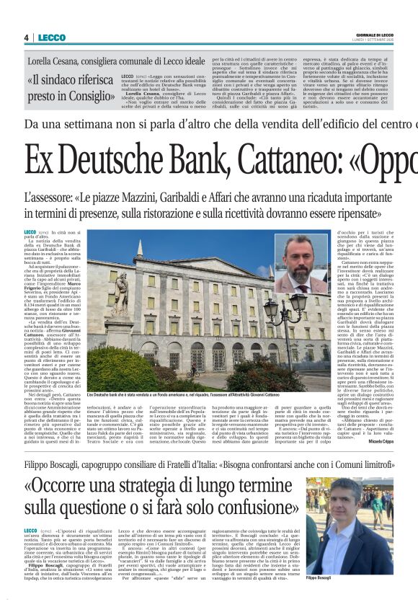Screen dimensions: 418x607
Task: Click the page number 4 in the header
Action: pos(26,37)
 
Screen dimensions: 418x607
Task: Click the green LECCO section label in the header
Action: pos(52,37)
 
